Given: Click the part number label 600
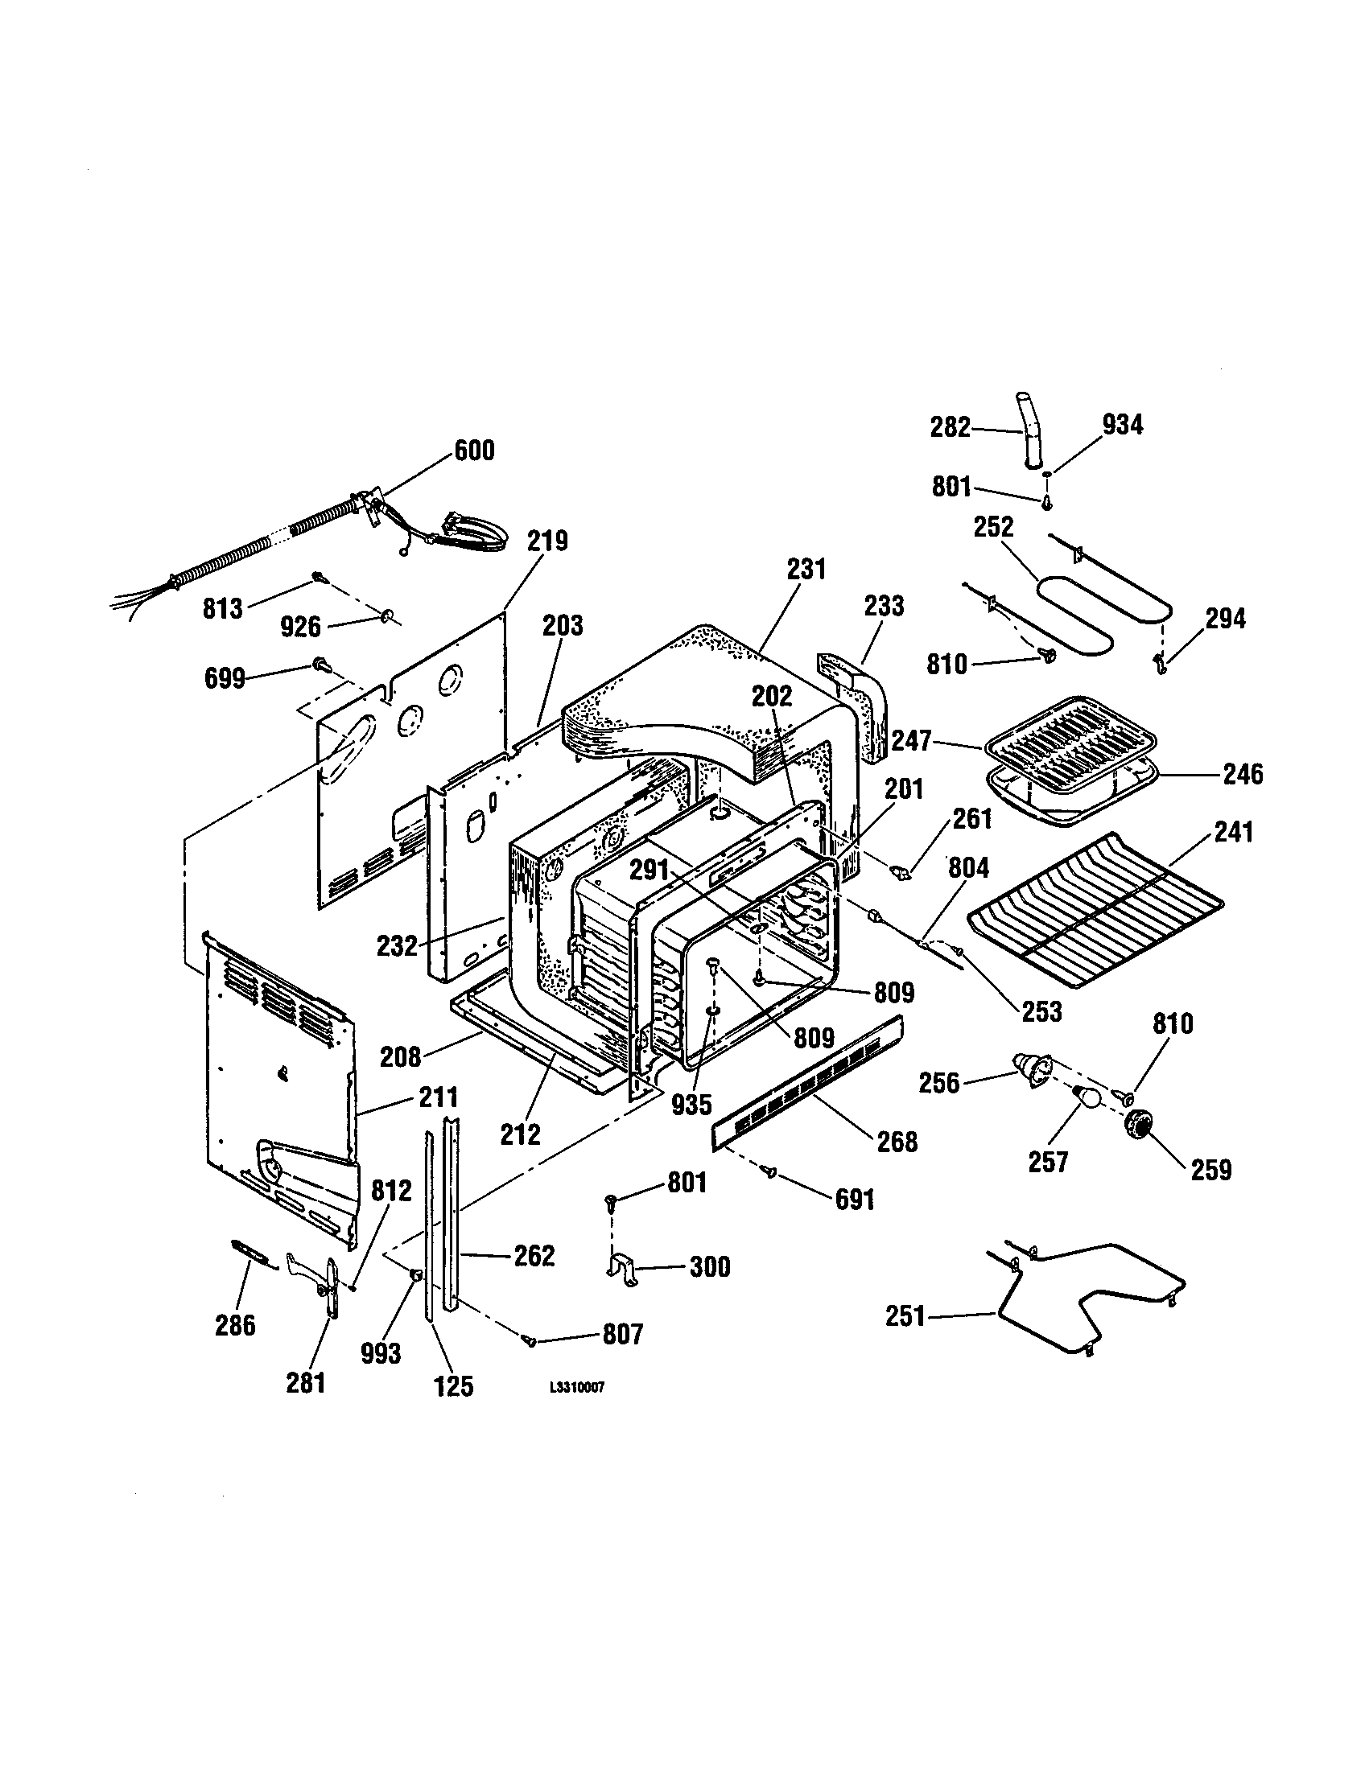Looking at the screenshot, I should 474,451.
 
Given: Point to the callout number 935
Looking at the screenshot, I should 691,1103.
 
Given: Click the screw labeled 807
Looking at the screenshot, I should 530,1341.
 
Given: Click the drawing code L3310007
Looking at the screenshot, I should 576,1387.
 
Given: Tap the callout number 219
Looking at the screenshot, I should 548,541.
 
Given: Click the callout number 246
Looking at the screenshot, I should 1243,774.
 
